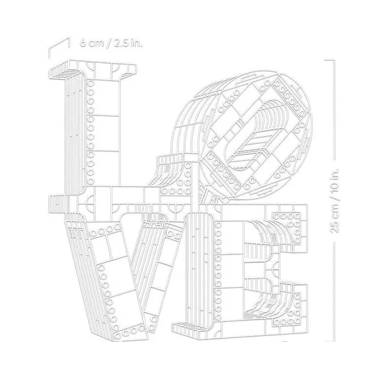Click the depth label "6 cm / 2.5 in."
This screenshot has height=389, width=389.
pos(111,43)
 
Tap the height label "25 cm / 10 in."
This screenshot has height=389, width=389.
pos(334,200)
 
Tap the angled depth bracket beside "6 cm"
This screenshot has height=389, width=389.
pos(59,48)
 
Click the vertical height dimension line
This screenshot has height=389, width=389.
pos(333,201)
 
